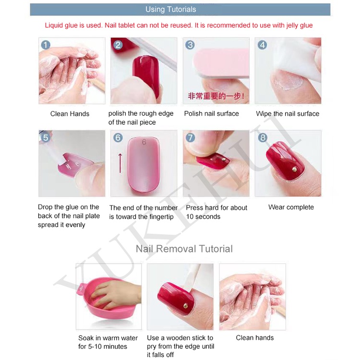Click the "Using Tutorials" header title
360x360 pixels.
(170, 10)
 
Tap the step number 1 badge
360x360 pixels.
(46, 45)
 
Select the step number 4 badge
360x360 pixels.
(263, 45)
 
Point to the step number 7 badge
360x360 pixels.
(191, 138)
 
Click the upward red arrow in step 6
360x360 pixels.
(120, 163)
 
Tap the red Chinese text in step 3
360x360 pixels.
(216, 96)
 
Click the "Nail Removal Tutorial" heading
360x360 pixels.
(184, 249)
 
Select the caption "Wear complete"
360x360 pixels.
(291, 207)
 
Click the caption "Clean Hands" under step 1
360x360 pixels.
(70, 114)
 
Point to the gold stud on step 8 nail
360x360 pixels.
(294, 169)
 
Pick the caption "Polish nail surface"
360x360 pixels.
(212, 114)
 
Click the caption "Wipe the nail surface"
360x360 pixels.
(288, 114)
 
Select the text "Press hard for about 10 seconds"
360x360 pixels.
(216, 212)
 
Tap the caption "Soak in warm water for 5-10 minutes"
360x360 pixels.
(108, 342)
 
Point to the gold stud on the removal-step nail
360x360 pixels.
(185, 306)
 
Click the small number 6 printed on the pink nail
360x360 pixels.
(144, 142)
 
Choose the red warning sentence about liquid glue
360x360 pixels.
(179, 25)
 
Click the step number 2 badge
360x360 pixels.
(118, 45)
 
